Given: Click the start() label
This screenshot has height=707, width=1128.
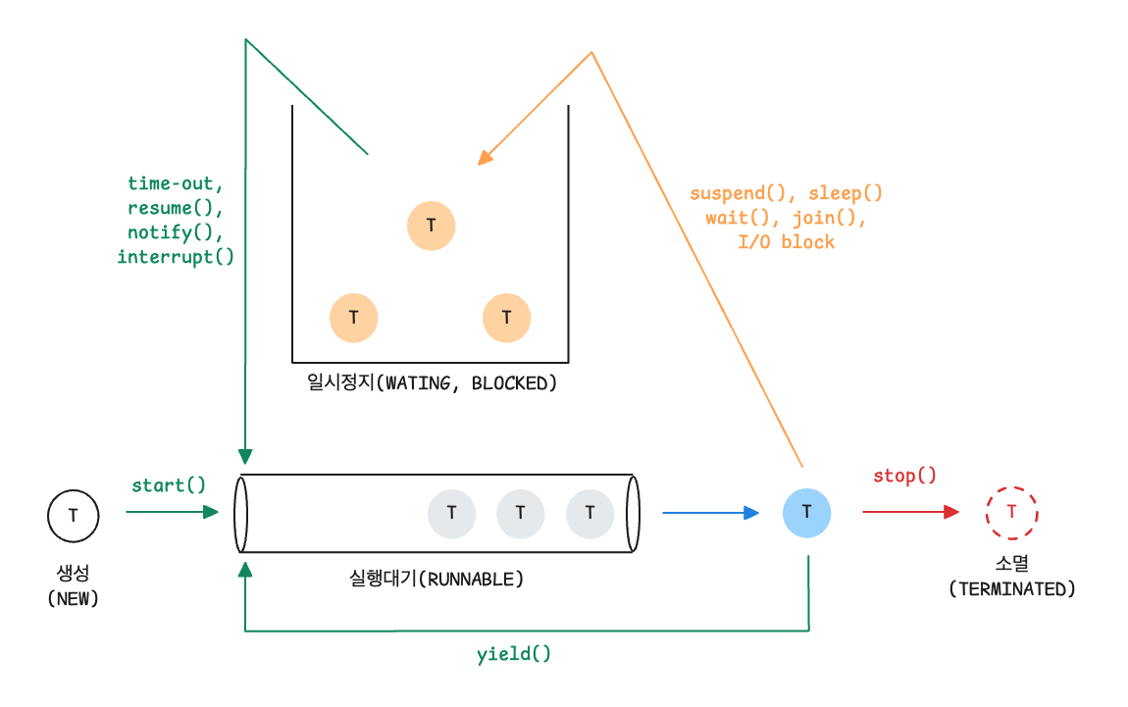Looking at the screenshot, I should pyautogui.click(x=169, y=484).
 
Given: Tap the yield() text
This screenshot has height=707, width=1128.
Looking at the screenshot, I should pyautogui.click(x=514, y=653).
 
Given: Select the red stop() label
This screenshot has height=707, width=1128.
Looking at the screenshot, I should pyautogui.click(x=904, y=476).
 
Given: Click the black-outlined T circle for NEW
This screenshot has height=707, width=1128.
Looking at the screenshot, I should pyautogui.click(x=74, y=514).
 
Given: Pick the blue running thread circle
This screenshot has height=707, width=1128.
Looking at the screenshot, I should pyautogui.click(x=806, y=512).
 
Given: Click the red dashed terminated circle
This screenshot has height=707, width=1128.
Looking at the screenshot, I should pyautogui.click(x=1011, y=512).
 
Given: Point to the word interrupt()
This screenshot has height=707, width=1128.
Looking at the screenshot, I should pyautogui.click(x=176, y=257).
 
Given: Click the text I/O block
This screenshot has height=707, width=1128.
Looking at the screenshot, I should pyautogui.click(x=786, y=241).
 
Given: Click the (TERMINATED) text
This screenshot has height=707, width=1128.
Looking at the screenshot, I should pyautogui.click(x=1011, y=588).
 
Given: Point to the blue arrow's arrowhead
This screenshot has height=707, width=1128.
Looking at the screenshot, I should pyautogui.click(x=752, y=512).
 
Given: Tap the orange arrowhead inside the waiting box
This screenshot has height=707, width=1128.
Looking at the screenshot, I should pyautogui.click(x=484, y=159).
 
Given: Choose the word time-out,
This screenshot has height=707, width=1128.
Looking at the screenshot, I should pyautogui.click(x=176, y=183).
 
